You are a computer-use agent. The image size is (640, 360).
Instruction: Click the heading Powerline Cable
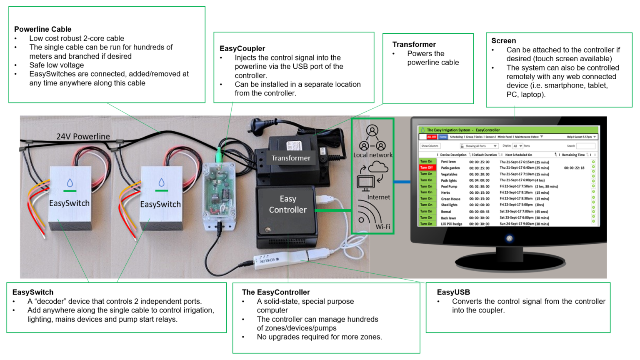tap(42, 29)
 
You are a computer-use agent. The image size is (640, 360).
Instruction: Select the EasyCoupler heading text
tap(242, 48)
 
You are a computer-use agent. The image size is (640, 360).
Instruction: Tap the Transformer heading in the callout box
tap(414, 44)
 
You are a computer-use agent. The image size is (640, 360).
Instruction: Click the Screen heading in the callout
tap(503, 41)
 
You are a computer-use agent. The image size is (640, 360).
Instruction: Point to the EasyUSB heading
tap(453, 292)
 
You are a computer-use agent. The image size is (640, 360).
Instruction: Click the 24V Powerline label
tap(83, 136)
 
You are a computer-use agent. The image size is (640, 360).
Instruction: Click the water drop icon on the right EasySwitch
tap(161, 182)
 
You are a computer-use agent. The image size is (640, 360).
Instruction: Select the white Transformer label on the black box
tap(291, 158)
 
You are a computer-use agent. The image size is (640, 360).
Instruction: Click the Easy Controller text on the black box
tap(287, 204)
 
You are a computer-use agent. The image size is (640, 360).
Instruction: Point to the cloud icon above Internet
tap(378, 167)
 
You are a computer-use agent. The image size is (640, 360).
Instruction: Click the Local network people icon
tap(372, 138)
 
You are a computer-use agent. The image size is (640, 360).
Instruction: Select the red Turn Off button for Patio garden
tap(426, 167)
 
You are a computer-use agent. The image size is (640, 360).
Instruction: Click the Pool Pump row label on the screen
tap(449, 187)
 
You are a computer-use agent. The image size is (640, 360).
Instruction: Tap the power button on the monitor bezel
tap(509, 238)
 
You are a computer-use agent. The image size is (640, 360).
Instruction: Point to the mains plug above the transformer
tap(257, 125)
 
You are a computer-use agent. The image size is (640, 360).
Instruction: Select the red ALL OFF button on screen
tap(431, 137)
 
